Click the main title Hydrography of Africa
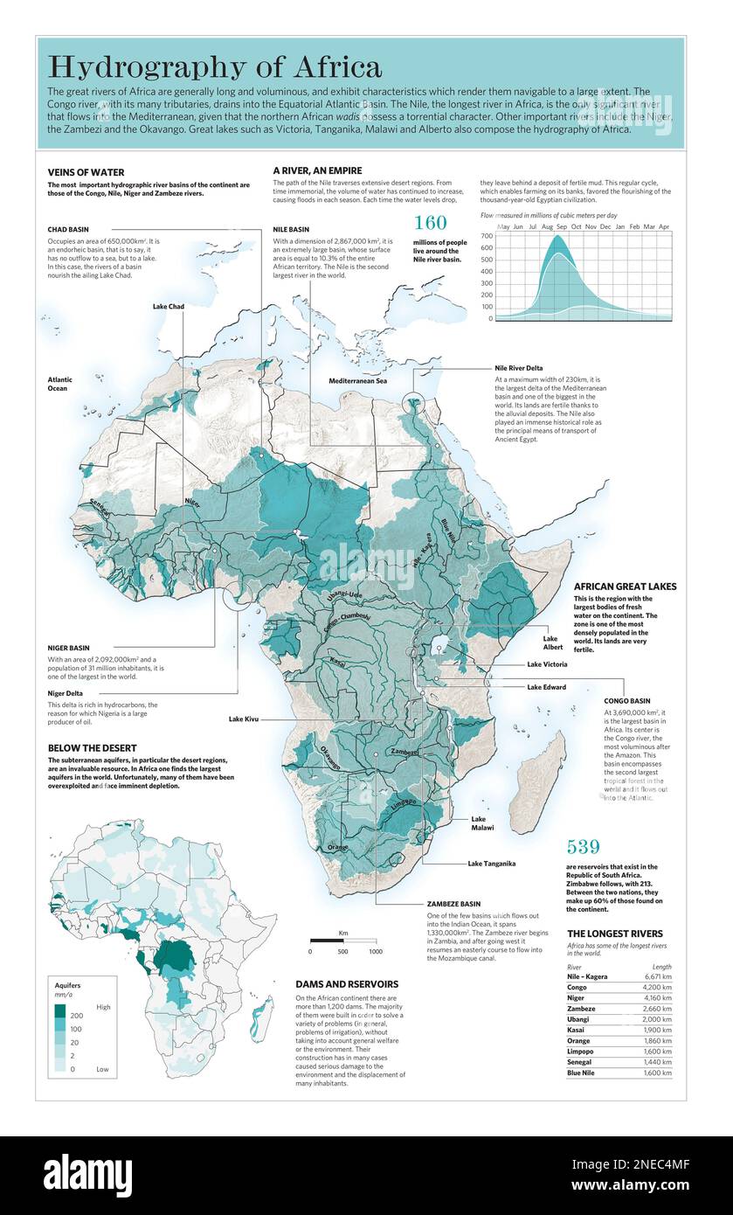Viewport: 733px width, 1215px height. coord(214,66)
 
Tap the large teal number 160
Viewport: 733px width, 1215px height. coord(430,223)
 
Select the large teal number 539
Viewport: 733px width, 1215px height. coord(584,846)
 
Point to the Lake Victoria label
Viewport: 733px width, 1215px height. coord(547,664)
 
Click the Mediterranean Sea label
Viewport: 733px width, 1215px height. coord(358,381)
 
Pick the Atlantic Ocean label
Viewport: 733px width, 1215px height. coord(60,384)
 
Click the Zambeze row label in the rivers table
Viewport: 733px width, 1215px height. coord(584,1008)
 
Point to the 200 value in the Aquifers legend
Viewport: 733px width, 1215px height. coord(75,1016)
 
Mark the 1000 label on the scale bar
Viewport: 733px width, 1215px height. coord(375,951)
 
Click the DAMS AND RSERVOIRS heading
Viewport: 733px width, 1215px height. coord(347,983)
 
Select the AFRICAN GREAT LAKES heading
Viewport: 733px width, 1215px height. coord(625,587)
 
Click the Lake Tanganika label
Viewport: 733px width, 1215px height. coord(492,864)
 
